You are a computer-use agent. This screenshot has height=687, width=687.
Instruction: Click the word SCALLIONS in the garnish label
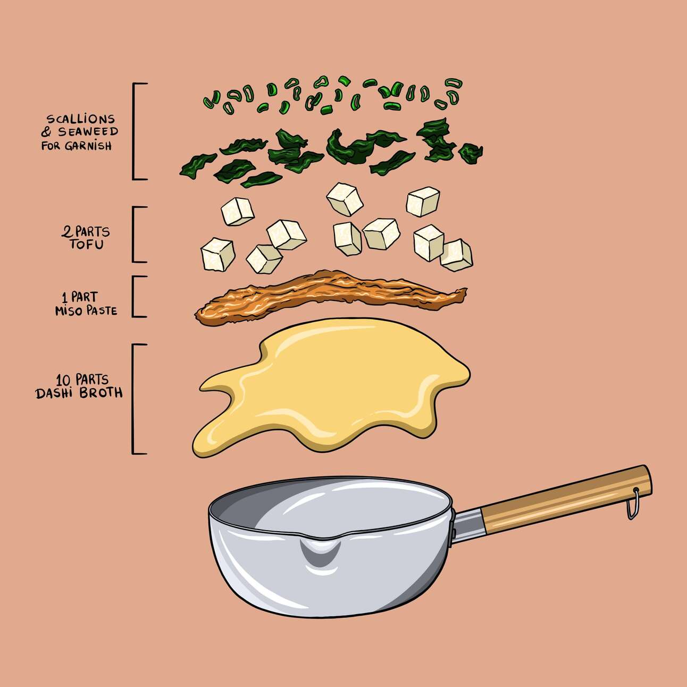click(81, 119)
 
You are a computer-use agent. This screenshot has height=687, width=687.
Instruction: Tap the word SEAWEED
click(88, 132)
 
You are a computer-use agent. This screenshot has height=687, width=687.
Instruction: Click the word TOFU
click(87, 245)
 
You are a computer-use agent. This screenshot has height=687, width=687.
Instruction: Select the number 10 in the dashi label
click(63, 379)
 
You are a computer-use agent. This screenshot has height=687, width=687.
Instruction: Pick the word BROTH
click(101, 393)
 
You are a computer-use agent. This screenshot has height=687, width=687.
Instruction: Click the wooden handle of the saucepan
click(566, 499)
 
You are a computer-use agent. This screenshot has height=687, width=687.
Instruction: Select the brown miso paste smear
click(330, 297)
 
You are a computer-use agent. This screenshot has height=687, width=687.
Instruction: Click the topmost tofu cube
click(345, 199)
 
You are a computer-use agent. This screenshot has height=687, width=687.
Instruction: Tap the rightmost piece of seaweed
click(471, 153)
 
